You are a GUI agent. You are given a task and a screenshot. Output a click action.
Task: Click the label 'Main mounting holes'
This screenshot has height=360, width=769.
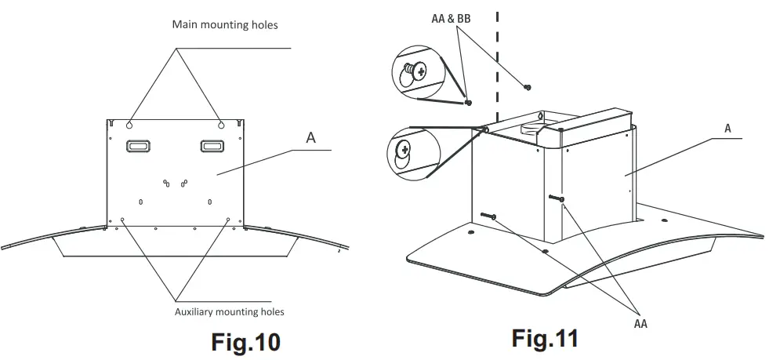pos(225,25)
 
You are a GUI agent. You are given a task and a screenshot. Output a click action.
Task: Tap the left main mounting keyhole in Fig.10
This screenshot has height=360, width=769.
pos(129,123)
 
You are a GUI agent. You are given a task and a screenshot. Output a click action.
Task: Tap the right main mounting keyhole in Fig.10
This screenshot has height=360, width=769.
pos(221,123)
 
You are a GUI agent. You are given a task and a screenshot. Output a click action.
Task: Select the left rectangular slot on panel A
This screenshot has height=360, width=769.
pos(139,146)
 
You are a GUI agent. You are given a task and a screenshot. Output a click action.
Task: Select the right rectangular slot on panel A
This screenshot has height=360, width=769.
pos(212,146)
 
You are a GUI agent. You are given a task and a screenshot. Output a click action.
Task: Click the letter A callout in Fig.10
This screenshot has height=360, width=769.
pos(310,137)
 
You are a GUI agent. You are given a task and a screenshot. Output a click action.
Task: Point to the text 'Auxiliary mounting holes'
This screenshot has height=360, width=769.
pos(229,311)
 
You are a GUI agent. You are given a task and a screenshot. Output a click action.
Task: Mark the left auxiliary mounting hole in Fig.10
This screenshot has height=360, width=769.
pos(122,220)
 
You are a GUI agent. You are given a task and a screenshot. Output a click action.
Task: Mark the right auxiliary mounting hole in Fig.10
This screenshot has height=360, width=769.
pos(228,220)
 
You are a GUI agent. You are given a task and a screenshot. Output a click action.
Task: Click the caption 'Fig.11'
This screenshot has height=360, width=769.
pos(545,338)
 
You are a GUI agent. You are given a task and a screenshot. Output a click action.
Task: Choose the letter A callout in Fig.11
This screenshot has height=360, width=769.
pos(727,128)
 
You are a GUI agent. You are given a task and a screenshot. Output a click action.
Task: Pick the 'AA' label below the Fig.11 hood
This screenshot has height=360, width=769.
pos(640,322)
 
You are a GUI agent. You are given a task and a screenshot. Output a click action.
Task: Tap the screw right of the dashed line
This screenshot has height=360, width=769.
pos(528,86)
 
